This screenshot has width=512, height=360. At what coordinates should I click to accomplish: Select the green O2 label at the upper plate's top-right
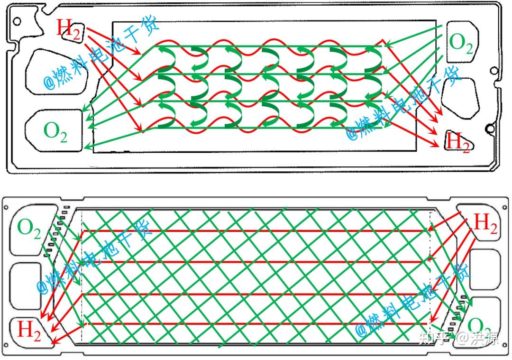pyautogui.click(x=460, y=43)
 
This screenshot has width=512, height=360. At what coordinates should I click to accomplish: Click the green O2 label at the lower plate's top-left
pyautogui.click(x=29, y=228)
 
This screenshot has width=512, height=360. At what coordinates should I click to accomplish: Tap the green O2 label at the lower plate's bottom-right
pyautogui.click(x=479, y=326)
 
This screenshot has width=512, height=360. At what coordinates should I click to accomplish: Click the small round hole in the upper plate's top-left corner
pyautogui.click(x=17, y=21)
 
